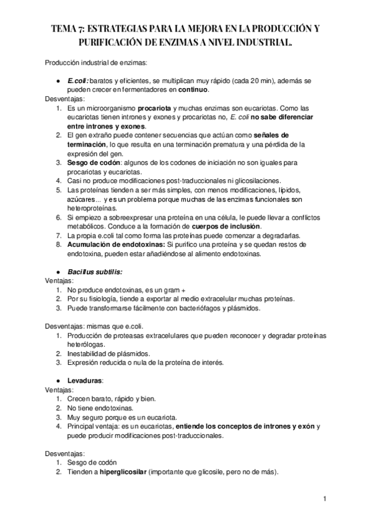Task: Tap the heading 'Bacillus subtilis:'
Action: (x=95, y=271)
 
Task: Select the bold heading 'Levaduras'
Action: (x=85, y=380)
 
